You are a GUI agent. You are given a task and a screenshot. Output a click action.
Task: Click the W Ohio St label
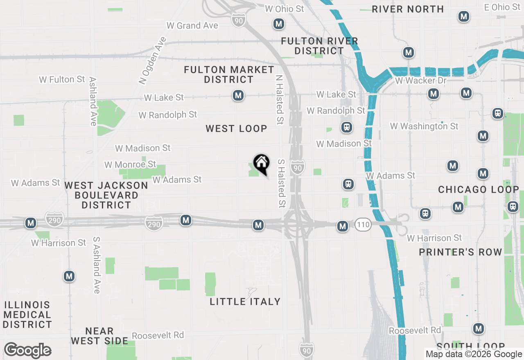click(285, 9)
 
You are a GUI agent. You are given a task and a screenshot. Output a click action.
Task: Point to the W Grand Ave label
click(192, 25)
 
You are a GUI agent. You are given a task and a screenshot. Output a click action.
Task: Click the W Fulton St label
click(62, 79)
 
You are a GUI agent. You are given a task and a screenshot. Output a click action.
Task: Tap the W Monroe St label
click(130, 164)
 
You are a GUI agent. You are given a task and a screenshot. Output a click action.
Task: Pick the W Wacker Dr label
click(420, 81)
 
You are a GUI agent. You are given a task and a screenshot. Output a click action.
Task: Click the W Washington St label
click(424, 126)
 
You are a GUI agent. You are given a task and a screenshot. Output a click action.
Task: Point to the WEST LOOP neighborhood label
click(236, 128)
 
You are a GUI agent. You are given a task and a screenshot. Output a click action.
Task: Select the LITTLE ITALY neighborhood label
click(245, 301)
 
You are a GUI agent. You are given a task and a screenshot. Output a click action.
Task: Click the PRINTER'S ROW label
click(461, 252)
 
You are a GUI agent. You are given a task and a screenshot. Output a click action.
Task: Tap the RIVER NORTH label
click(408, 9)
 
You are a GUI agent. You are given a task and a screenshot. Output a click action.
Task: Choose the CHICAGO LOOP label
click(479, 189)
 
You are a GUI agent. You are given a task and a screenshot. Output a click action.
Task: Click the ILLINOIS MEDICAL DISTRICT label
click(27, 315)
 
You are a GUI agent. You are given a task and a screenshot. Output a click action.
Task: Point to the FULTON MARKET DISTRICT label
click(229, 74)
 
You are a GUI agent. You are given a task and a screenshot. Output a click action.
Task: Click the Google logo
click(27, 351)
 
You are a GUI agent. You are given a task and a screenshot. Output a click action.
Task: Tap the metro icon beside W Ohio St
click(279, 24)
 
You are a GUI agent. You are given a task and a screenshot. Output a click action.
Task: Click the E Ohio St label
click(502, 7)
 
